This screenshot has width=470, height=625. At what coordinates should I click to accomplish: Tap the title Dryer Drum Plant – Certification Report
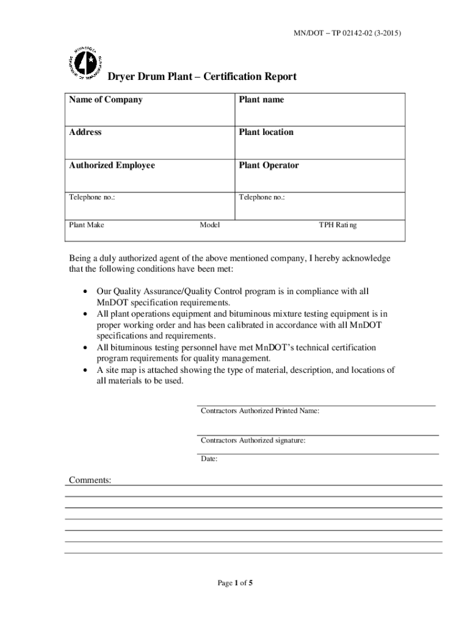point(202,77)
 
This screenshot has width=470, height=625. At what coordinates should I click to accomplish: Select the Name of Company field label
point(106,99)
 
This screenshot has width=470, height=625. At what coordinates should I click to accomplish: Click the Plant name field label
point(261,99)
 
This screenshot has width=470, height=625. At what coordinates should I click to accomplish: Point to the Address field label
point(85,132)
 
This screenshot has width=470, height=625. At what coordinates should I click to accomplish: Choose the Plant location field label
point(266,132)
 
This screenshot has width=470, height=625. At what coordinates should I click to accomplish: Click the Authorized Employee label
point(112,165)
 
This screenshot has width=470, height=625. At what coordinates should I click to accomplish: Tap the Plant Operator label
point(269,165)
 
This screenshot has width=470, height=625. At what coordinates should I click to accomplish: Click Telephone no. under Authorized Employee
point(92,198)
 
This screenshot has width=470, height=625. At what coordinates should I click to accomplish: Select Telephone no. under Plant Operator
point(262,198)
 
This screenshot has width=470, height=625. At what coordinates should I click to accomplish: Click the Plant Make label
point(87,225)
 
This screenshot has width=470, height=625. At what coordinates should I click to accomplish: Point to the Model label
point(210,225)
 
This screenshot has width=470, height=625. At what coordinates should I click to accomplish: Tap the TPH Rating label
point(338,225)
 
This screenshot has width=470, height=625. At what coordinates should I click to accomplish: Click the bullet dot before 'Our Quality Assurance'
point(84,292)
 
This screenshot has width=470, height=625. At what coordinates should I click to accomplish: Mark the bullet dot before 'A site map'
point(84,370)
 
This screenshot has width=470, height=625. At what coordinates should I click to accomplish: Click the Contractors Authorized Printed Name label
point(260,411)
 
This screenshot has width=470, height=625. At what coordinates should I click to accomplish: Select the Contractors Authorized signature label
point(253,440)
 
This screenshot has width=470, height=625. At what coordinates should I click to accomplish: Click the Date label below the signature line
point(209,459)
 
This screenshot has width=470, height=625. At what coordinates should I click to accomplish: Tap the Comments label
point(90,480)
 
